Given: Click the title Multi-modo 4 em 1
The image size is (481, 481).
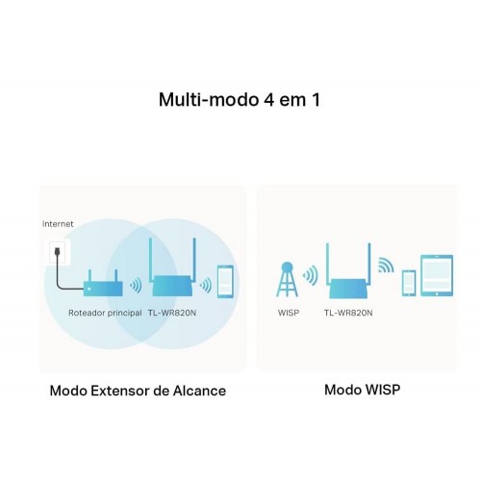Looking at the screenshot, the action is tap(240, 99).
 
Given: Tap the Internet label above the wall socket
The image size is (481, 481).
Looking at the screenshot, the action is tap(58, 224).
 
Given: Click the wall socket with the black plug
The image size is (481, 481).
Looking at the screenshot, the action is tap(60, 252).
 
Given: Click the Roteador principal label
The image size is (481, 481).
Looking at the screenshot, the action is tap(105, 313).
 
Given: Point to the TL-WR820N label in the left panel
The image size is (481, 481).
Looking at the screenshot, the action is tap(172, 313).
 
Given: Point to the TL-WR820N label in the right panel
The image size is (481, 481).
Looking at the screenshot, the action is tap(348, 313).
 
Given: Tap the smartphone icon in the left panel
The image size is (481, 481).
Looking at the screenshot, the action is tap(225, 282).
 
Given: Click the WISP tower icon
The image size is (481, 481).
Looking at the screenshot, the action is tap(287, 279).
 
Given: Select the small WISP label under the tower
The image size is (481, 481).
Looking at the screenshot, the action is tap(289, 313).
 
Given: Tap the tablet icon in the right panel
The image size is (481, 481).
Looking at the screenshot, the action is tap(437, 275).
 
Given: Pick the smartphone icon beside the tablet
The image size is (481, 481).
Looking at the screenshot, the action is tap(409, 283).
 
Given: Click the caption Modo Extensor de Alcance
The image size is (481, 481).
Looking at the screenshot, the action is tap(138, 391).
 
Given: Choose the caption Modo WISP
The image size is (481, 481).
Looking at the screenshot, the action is tap(363, 390).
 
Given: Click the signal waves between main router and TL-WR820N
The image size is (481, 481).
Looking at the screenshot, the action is tap(136, 285).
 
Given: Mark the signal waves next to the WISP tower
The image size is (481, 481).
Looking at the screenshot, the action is tap(311, 275).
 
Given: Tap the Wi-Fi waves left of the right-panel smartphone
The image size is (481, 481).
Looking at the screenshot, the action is tap(386, 266).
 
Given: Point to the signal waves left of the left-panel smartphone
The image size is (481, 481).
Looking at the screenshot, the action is tap(206, 285).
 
